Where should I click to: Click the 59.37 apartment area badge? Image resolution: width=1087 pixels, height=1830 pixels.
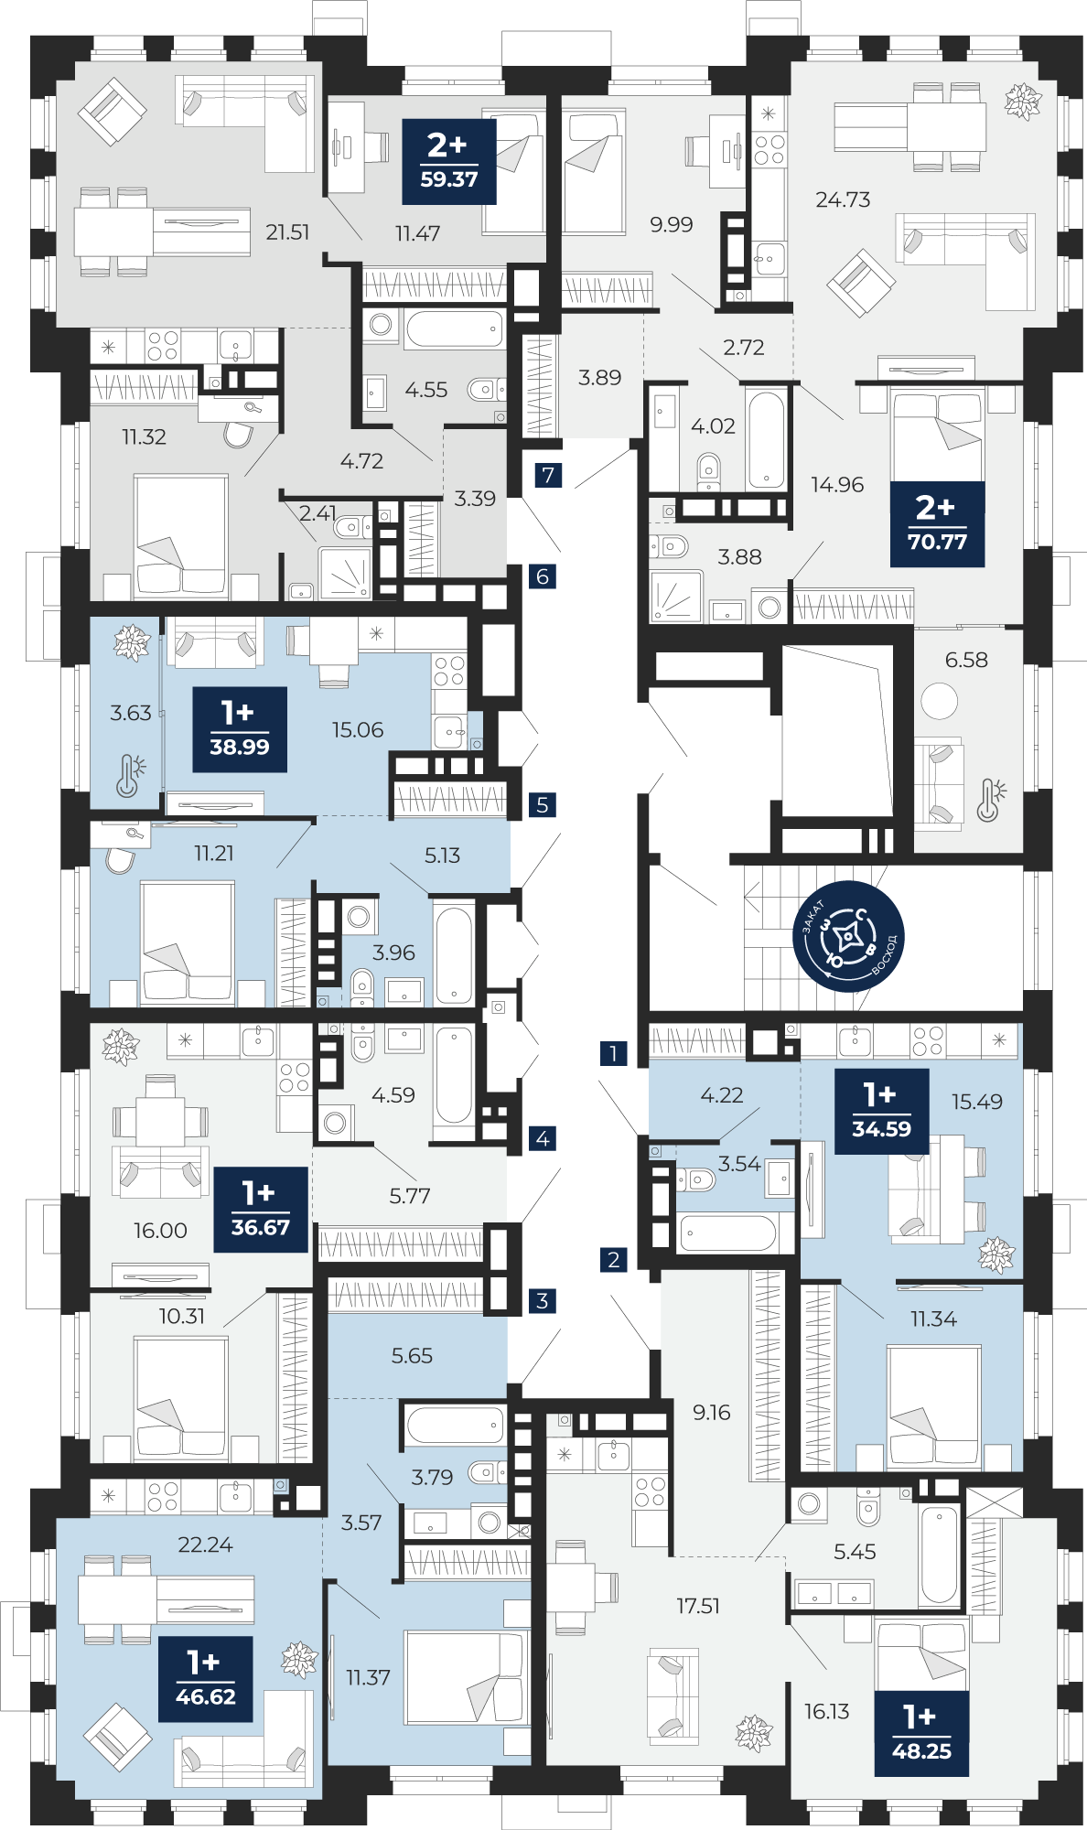pos(449,162)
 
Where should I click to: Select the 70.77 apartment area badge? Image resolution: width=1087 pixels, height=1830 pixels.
pos(937,524)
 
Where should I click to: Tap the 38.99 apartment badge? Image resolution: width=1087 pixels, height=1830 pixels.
pos(240,729)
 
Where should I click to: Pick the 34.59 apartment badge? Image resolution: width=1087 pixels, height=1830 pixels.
pos(881,1112)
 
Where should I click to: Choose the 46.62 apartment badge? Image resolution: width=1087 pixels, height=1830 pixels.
pos(205,1679)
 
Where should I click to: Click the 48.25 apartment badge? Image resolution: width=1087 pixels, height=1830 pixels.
pos(921,1734)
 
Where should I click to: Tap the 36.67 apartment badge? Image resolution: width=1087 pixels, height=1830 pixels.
pos(261,1210)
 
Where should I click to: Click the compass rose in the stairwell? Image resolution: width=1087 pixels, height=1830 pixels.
pos(848,936)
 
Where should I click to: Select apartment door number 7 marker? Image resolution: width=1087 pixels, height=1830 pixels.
pos(548,475)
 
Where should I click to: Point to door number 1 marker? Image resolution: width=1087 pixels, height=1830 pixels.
pos(614,1053)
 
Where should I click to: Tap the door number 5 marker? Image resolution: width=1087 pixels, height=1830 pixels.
pos(543,805)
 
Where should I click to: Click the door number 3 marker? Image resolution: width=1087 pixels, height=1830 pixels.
pos(543,1300)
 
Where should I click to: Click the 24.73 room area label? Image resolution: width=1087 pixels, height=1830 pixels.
pos(843,199)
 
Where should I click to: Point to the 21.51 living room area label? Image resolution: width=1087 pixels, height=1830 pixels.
pos(287,232)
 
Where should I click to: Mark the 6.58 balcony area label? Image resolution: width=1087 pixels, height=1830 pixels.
pos(966,660)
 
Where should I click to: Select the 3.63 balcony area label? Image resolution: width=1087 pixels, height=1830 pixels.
pos(131,713)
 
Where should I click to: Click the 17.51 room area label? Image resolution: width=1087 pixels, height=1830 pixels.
pos(698,1606)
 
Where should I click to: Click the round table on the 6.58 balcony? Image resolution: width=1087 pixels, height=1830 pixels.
pos(939,702)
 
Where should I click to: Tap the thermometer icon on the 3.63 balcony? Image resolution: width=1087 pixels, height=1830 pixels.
pos(130,775)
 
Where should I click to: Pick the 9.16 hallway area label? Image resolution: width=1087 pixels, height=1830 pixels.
pos(712,1412)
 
